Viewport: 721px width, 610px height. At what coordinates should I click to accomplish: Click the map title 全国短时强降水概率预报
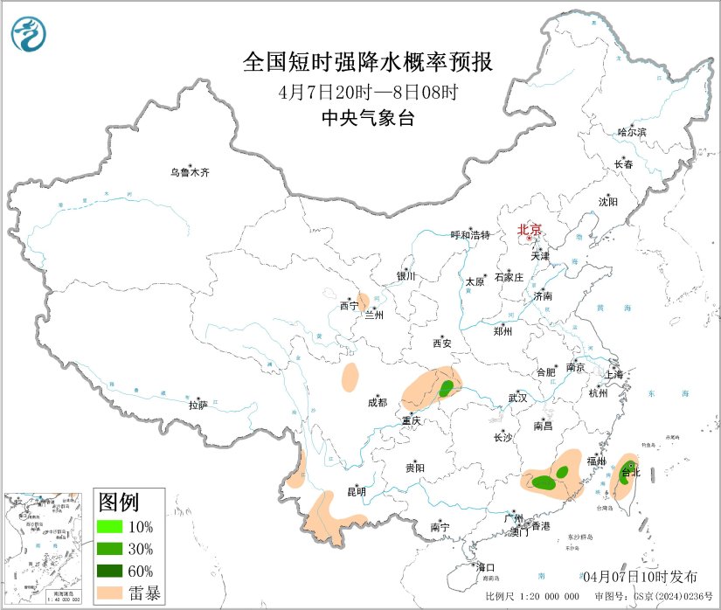[367, 63]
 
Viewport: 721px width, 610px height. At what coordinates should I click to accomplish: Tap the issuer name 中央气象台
[367, 119]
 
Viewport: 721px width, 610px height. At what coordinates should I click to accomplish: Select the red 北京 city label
[530, 230]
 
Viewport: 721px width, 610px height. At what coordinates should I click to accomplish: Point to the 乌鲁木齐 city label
[190, 173]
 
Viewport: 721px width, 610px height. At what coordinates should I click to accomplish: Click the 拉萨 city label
[198, 405]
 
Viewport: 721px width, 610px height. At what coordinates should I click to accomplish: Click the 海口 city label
[485, 568]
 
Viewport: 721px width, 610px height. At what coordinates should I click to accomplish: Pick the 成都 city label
[378, 403]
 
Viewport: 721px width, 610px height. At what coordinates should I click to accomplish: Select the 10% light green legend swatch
[112, 527]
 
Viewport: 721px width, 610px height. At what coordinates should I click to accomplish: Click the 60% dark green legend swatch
[112, 572]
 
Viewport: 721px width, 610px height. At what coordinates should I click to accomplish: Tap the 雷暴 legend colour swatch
[112, 593]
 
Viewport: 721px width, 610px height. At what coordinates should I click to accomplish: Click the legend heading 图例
[118, 503]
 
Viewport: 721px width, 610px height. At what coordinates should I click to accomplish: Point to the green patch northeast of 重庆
[447, 387]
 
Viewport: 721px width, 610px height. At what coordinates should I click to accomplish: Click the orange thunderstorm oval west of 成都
[350, 378]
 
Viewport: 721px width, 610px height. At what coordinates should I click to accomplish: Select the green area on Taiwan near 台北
[626, 474]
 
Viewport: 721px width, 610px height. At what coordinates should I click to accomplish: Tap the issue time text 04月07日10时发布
[640, 576]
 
